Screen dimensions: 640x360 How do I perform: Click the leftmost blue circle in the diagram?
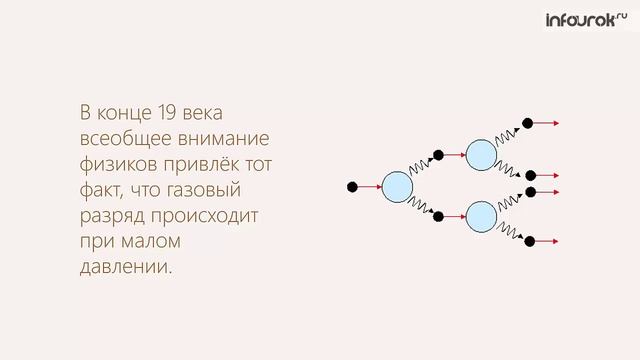(398, 186)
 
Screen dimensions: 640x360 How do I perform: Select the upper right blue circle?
(482, 155)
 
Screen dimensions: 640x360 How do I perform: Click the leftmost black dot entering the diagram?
(351, 186)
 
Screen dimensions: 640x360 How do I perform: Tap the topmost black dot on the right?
(529, 124)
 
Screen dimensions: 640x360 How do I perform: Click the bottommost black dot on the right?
(529, 241)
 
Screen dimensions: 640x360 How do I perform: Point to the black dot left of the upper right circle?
(437, 155)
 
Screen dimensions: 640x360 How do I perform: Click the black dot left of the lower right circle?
(437, 214)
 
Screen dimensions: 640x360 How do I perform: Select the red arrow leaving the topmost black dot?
(546, 124)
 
